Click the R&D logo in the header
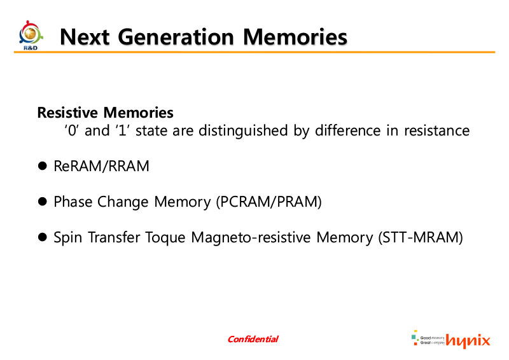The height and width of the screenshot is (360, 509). click(31, 36)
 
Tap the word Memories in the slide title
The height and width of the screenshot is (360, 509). click(295, 37)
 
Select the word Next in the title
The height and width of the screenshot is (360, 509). click(85, 37)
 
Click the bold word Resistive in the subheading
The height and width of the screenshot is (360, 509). click(67, 113)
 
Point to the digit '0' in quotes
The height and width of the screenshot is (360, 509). click(71, 130)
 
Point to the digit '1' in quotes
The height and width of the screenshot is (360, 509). click(122, 130)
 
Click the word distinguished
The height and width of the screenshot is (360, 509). click(243, 131)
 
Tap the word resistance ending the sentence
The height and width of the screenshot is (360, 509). click(436, 130)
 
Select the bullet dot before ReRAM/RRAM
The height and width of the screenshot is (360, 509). click(42, 166)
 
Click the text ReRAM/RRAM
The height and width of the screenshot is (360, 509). click(101, 166)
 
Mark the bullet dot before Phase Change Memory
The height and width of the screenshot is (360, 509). click(42, 201)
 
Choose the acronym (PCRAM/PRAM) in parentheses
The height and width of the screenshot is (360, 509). click(268, 202)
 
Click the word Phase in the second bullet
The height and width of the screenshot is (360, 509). click(73, 202)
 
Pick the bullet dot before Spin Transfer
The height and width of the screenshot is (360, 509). click(42, 237)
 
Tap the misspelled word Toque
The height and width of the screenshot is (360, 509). click(165, 237)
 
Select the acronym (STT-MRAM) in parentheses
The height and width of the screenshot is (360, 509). click(421, 237)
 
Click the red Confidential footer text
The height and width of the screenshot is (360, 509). click(253, 339)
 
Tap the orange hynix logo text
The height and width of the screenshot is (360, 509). click(468, 340)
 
